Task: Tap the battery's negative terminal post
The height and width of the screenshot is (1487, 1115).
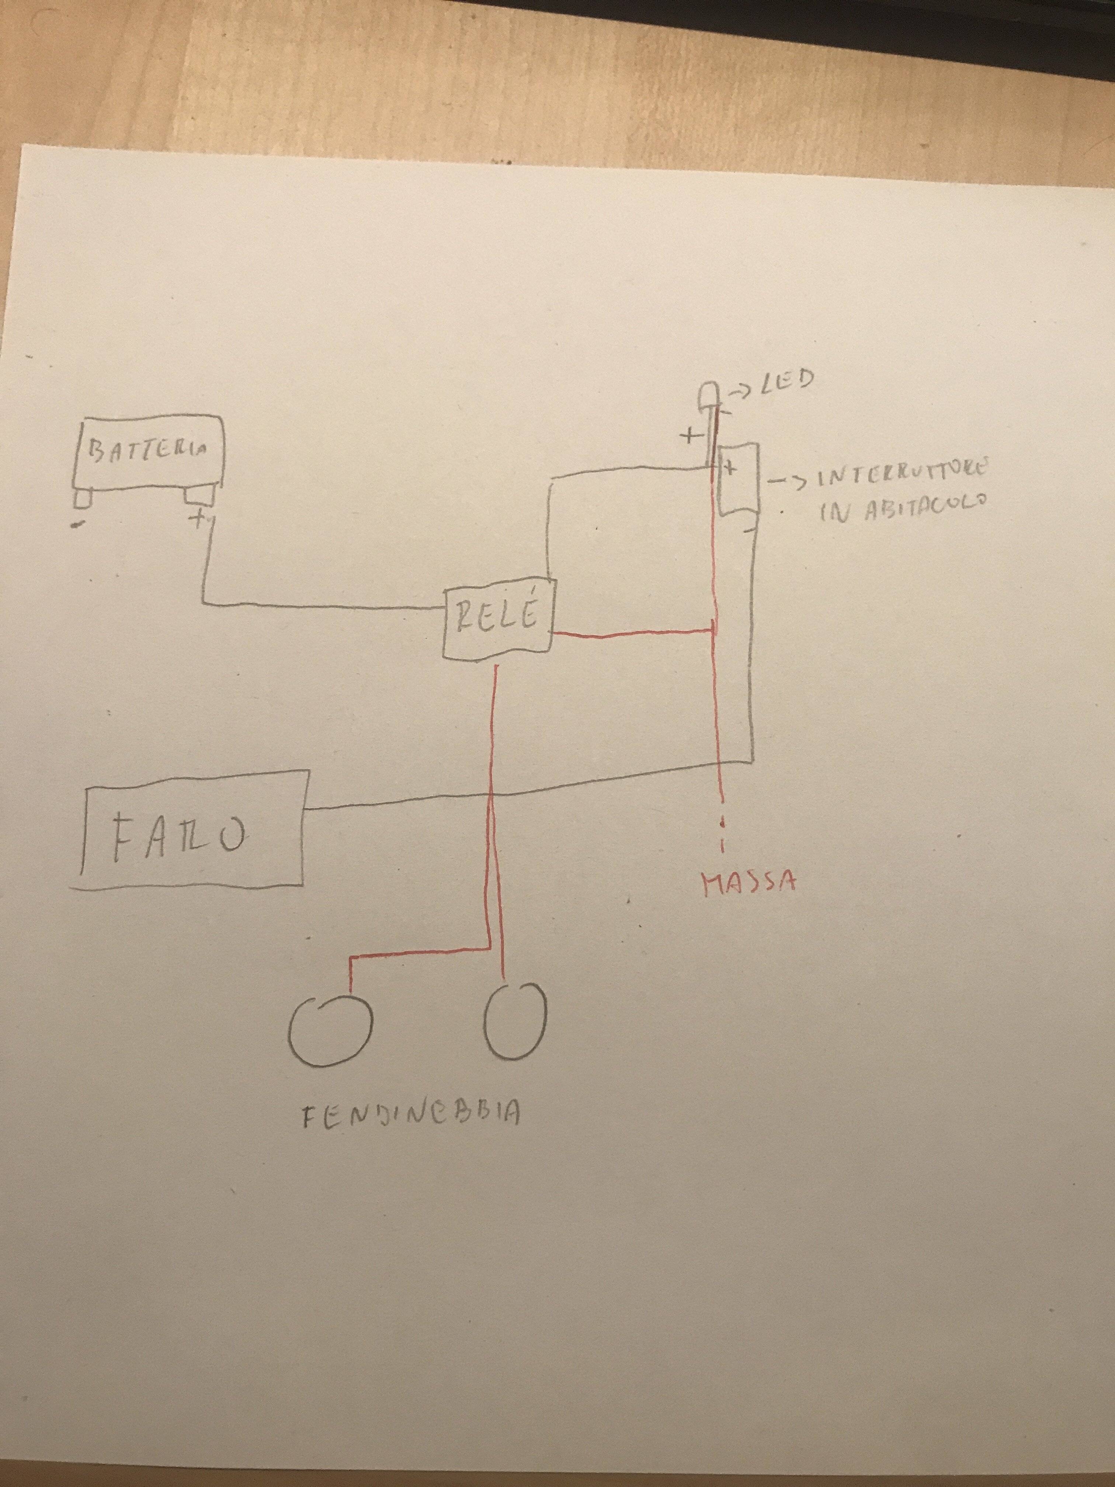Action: [83, 498]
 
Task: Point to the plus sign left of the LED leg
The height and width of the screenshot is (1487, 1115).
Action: [689, 437]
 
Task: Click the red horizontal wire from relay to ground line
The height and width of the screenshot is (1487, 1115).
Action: [632, 632]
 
